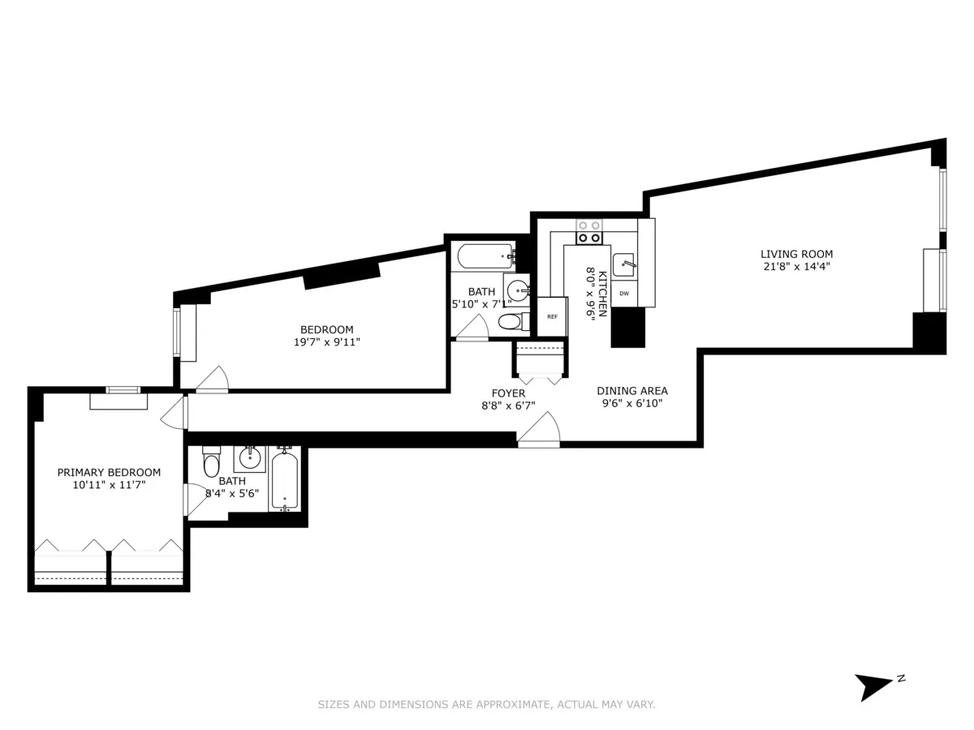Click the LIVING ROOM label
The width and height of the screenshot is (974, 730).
point(795,254)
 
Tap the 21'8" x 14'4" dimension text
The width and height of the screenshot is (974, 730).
point(795,266)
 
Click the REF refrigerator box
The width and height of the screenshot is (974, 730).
point(552,316)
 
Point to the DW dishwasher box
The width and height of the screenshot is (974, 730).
point(624,294)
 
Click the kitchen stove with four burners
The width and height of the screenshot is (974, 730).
point(588,232)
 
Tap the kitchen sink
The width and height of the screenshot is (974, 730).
point(623,264)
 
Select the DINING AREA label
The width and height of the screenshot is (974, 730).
point(632,391)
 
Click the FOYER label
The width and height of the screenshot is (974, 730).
point(508,393)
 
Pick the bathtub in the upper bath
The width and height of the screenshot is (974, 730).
point(485,256)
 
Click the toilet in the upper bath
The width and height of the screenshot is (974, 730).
point(510,322)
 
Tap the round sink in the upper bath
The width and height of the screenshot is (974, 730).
point(518,290)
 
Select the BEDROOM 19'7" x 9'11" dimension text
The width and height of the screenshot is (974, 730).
point(326,342)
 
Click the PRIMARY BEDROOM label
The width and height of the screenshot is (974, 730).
point(109,472)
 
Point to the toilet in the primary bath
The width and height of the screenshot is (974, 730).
point(211,463)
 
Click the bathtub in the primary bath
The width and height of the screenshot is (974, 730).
point(284,481)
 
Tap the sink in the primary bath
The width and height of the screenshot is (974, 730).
point(250,458)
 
